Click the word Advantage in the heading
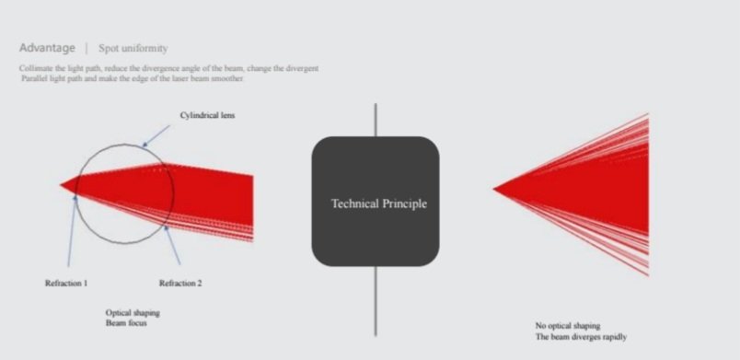click(x=47, y=48)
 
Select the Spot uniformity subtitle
click(x=133, y=49)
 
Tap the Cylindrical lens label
click(x=207, y=115)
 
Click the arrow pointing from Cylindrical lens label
click(x=156, y=136)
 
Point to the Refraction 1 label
click(x=66, y=284)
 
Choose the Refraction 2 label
click(x=180, y=284)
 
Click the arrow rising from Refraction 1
click(x=72, y=231)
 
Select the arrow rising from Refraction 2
click(x=172, y=245)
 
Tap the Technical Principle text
click(x=379, y=203)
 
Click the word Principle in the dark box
click(x=403, y=203)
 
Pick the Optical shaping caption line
click(x=133, y=313)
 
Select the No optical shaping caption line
click(x=568, y=326)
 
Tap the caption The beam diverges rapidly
click(x=581, y=337)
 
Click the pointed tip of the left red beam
click(x=61, y=184)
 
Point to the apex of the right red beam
click(x=493, y=189)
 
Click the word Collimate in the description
click(x=34, y=68)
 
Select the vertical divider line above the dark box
click(x=376, y=120)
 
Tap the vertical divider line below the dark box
click(x=376, y=301)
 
